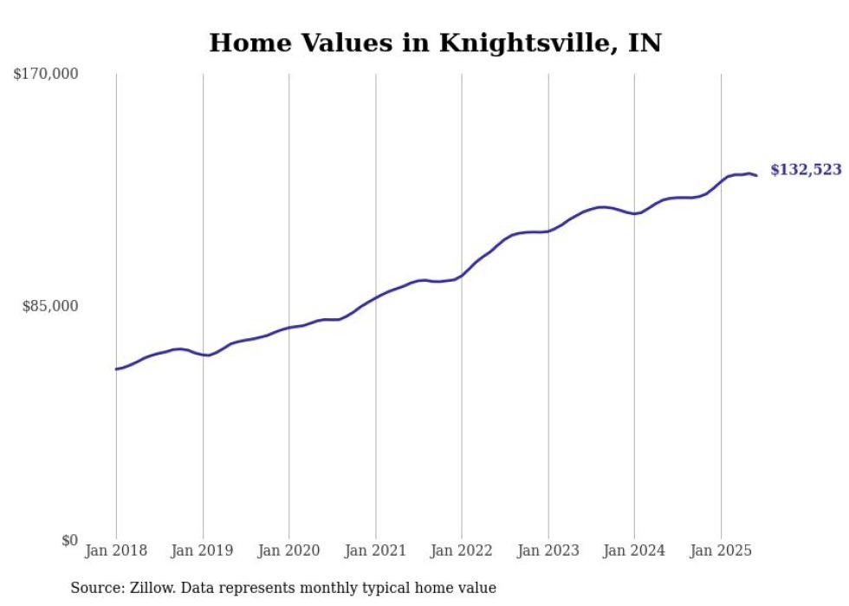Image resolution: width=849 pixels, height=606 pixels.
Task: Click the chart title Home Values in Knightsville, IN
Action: tap(435, 42)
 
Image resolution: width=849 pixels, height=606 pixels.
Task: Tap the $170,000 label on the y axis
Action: tap(46, 75)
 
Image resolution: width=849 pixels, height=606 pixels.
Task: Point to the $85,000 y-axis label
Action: tap(50, 306)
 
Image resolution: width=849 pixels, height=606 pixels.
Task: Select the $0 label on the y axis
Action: tap(69, 540)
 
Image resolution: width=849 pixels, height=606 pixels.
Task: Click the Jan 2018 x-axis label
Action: tap(116, 550)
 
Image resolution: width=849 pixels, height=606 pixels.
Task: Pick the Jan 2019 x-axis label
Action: tap(203, 550)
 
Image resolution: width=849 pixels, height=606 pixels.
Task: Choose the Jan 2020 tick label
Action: tap(289, 550)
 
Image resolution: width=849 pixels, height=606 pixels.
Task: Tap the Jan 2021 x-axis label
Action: tap(375, 550)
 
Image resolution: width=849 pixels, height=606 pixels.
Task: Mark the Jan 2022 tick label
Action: tap(462, 550)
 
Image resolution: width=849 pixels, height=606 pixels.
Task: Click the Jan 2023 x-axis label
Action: tap(548, 550)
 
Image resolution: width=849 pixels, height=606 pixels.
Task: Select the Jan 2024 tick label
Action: tap(634, 550)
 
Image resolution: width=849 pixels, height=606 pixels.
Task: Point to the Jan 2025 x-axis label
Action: tap(721, 550)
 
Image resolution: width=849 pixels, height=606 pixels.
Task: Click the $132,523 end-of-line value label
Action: tap(806, 170)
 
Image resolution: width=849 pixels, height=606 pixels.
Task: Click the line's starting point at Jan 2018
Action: tap(116, 369)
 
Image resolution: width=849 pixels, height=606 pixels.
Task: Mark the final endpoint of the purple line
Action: tap(756, 176)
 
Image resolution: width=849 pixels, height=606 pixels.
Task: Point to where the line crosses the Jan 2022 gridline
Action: tap(462, 276)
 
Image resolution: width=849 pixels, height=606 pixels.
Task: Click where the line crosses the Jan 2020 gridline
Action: tap(289, 328)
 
